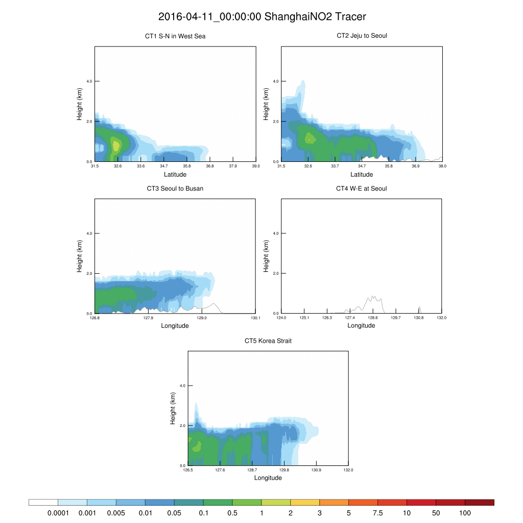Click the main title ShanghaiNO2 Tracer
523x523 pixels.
point(262,16)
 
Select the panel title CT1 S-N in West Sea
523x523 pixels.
point(175,36)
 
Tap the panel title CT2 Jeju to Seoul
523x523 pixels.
point(362,36)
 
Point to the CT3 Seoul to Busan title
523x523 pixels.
point(175,188)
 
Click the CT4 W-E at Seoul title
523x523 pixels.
point(362,188)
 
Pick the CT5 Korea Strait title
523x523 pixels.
point(268,341)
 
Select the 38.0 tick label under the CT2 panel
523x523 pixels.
point(442,166)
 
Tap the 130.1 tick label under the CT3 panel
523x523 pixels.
point(256,318)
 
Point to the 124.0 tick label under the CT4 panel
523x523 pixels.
point(281,318)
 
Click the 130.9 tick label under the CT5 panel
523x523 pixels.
point(317,470)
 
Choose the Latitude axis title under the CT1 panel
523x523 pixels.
point(175,174)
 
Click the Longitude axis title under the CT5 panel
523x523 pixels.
point(268,478)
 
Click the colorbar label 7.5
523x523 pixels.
point(377,512)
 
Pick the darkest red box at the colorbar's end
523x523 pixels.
point(480,503)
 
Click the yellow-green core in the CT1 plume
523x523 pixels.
point(116,146)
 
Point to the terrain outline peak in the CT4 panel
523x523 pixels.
point(373,296)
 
